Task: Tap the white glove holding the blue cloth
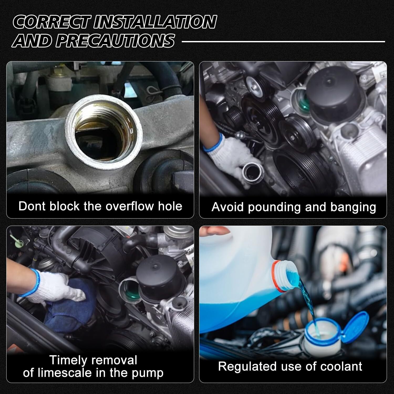click(53, 286)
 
